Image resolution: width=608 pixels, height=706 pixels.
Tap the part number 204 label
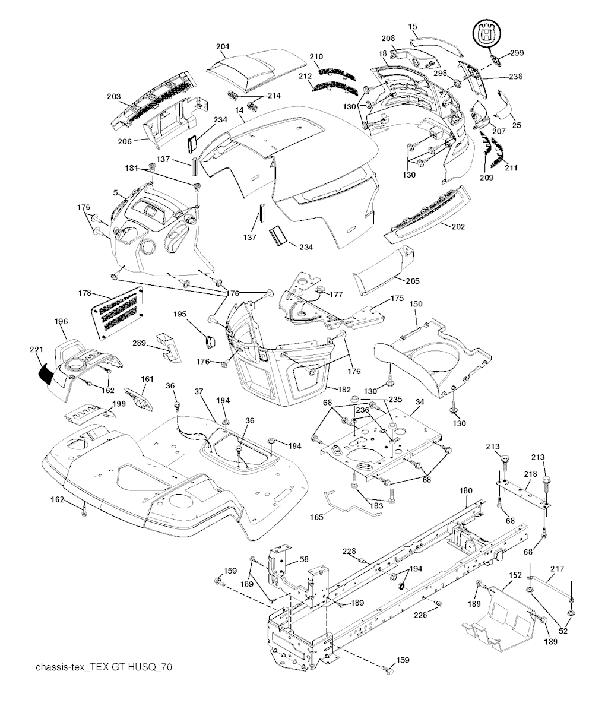(223, 46)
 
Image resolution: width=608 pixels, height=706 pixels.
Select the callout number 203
(113, 96)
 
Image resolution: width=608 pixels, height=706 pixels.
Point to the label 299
(517, 53)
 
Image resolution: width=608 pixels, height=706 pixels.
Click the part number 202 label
(458, 226)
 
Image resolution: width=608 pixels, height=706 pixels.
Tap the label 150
(416, 303)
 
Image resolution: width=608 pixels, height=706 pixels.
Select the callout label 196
(61, 321)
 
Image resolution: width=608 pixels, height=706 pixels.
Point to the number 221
(36, 351)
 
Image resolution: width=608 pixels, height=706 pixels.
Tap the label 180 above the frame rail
(466, 490)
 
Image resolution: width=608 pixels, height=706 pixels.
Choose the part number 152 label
(515, 575)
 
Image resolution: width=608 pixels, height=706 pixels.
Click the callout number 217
(556, 568)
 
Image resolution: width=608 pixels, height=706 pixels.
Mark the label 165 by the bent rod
(316, 517)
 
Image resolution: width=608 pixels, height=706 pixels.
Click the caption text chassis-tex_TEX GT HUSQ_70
(104, 667)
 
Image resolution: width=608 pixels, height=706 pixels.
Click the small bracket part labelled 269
(167, 346)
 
